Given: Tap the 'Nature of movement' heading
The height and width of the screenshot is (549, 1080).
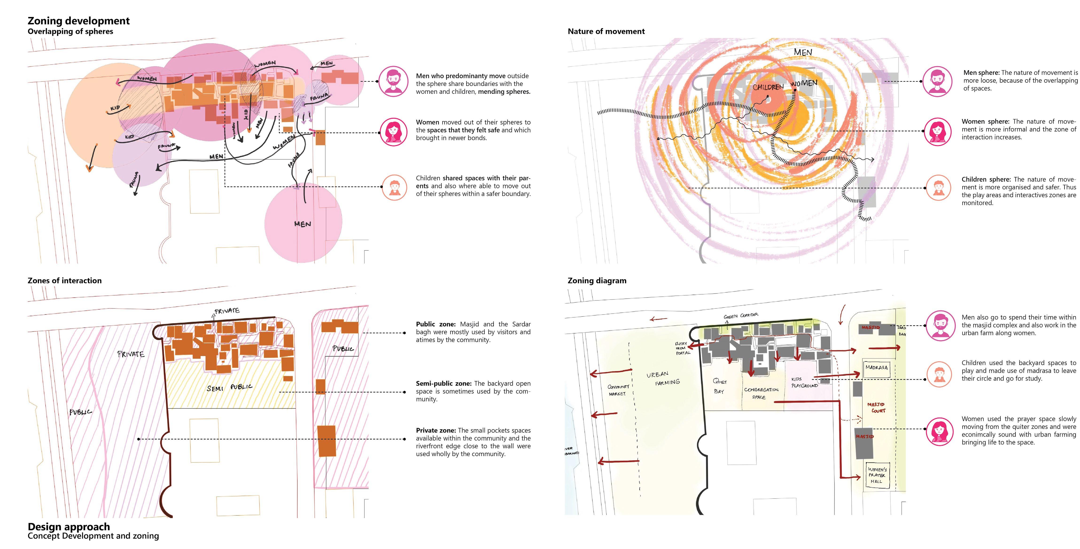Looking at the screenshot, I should click(x=606, y=31).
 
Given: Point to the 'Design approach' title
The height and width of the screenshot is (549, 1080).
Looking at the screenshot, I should click(x=69, y=526).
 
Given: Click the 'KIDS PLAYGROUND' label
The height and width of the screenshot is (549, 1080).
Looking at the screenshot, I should click(x=804, y=382).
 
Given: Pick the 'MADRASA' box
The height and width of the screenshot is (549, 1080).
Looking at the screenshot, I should click(x=876, y=368).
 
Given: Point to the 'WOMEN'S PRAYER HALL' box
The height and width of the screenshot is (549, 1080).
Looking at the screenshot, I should click(x=877, y=475).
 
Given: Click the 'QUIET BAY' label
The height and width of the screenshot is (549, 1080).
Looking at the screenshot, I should click(x=719, y=386).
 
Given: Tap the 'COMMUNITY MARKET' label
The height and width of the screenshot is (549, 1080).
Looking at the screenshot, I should click(x=618, y=390).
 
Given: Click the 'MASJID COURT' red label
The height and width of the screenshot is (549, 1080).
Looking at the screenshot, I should click(x=876, y=407).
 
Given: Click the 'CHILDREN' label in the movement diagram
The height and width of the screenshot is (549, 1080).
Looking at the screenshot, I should click(x=768, y=87).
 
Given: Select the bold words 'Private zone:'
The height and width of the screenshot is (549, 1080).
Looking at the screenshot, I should click(x=436, y=430).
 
